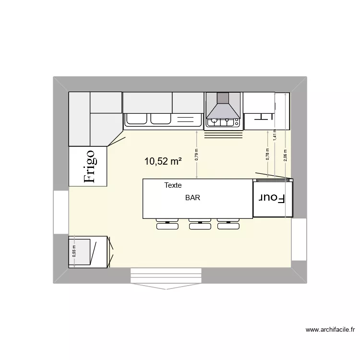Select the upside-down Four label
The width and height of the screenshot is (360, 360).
(x=272, y=198)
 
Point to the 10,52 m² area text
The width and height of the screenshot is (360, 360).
(x=163, y=162)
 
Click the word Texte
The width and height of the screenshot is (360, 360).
(x=173, y=185)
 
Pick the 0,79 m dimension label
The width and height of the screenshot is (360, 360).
(x=197, y=154)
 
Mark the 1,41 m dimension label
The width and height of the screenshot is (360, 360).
(x=275, y=134)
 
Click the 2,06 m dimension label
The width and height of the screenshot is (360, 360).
(x=285, y=156)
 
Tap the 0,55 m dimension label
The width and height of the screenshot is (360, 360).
(x=74, y=252)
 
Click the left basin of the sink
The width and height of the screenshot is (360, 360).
(x=136, y=119)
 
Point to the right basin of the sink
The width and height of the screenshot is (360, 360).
(x=161, y=119)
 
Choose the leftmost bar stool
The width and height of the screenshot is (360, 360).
(x=167, y=225)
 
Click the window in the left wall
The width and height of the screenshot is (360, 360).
(x=61, y=213)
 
